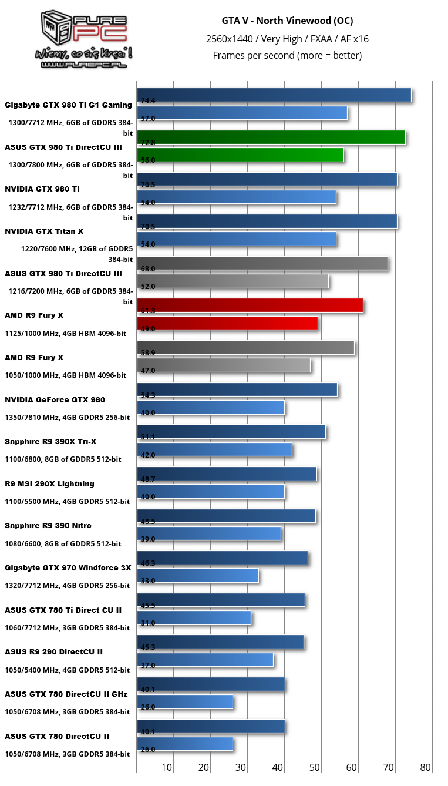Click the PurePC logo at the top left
(85, 39)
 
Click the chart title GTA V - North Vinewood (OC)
(287, 21)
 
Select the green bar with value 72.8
(271, 137)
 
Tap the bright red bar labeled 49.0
(227, 323)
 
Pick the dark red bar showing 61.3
(250, 305)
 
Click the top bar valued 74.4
(274, 95)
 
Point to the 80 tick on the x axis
(426, 767)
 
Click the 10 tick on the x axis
(167, 767)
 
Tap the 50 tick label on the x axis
(315, 767)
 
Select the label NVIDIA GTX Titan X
(44, 231)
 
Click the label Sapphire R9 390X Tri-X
(50, 442)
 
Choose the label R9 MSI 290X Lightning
(49, 484)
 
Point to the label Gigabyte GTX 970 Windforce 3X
(68, 568)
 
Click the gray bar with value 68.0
(262, 263)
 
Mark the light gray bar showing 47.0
(223, 365)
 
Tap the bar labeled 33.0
(197, 576)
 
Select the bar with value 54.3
(237, 389)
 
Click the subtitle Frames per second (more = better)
(287, 56)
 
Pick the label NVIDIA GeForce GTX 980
(55, 400)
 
